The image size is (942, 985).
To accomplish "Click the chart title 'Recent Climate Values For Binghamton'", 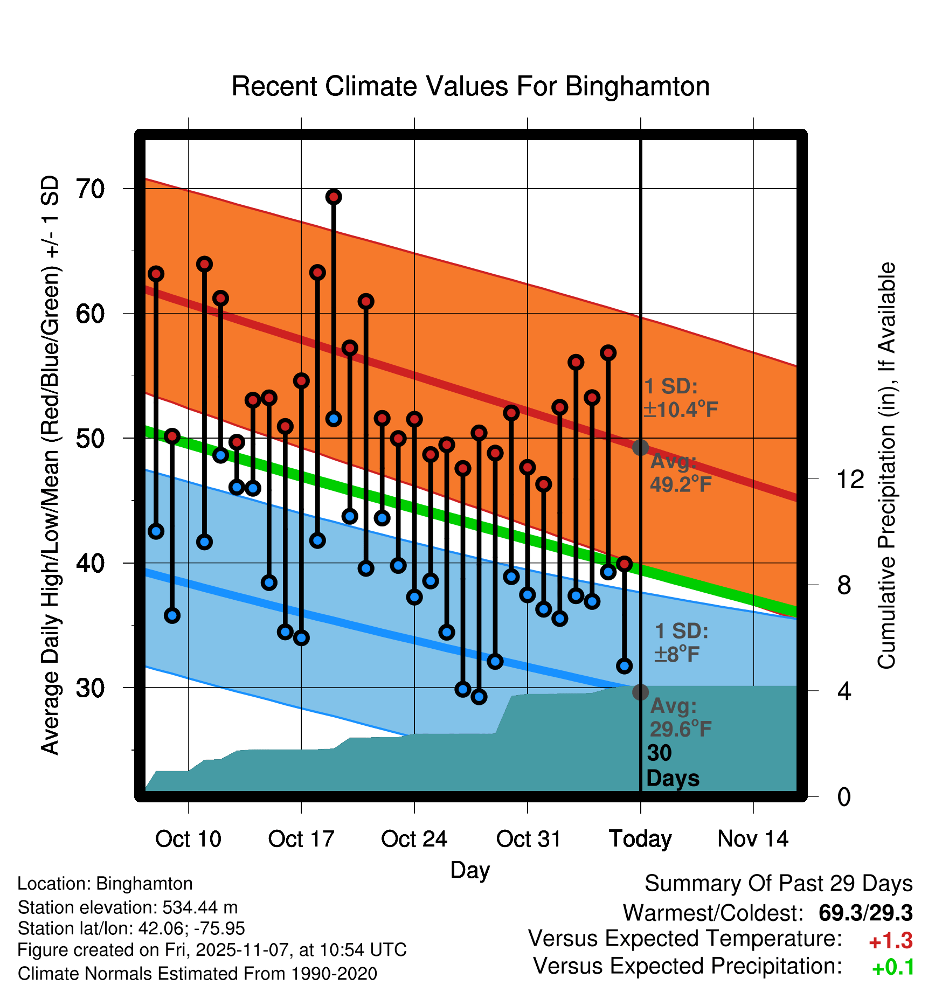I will [x=470, y=86].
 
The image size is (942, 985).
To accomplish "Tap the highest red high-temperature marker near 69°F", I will [x=334, y=197].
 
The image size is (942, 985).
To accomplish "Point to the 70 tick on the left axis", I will [x=90, y=189].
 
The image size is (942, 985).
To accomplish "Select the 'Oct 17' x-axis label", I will [x=301, y=839].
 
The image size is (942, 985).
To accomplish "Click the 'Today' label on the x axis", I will [x=640, y=839].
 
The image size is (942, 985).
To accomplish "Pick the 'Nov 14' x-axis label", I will [x=753, y=839].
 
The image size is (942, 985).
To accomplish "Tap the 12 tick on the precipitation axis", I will [x=850, y=479].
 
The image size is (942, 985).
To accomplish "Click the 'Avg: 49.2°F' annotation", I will [x=680, y=473].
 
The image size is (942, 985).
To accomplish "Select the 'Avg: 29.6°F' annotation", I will [x=680, y=717].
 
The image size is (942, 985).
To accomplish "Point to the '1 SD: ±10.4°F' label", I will [x=680, y=398].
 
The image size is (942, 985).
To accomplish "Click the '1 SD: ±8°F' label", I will [x=680, y=643].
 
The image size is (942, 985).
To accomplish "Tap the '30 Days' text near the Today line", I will [x=671, y=766].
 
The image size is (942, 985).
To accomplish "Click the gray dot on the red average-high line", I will [x=640, y=447].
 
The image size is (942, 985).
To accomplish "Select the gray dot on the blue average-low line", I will [x=640, y=692].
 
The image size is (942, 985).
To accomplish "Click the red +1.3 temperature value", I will [x=890, y=941].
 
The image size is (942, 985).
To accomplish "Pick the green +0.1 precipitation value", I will [x=892, y=968].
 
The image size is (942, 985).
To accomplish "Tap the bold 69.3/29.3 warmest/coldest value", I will [x=865, y=913].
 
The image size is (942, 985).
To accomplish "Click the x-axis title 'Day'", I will [x=470, y=870].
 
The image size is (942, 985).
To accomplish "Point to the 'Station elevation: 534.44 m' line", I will [x=128, y=907].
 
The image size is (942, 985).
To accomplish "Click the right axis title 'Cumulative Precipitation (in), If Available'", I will [x=886, y=466].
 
